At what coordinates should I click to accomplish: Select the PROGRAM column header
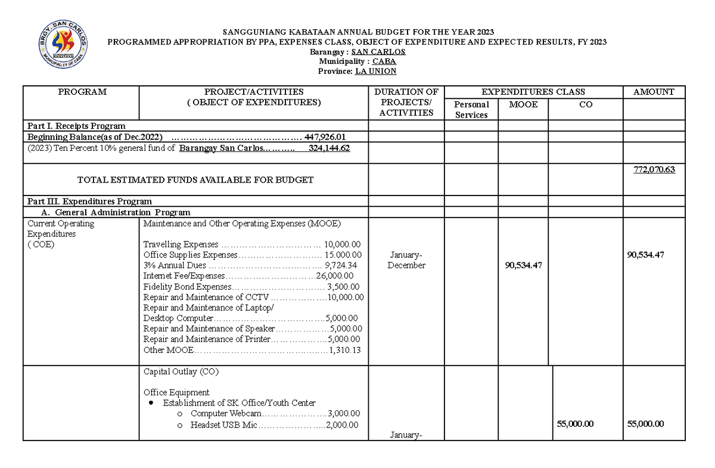click(82, 92)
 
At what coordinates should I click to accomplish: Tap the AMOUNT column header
click(654, 92)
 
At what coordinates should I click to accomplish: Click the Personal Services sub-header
click(471, 110)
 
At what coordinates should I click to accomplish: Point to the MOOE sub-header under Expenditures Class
click(523, 104)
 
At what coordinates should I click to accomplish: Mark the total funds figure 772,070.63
click(654, 170)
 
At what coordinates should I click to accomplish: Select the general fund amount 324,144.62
click(329, 148)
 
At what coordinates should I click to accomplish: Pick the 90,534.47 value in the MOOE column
click(523, 265)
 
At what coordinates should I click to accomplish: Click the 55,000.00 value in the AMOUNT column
click(646, 424)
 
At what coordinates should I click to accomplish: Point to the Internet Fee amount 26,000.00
click(335, 276)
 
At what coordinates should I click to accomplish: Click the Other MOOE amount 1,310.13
click(344, 350)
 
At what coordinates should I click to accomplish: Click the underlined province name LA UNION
click(375, 71)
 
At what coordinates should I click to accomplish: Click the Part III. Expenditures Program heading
click(89, 202)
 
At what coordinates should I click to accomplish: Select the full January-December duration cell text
click(406, 261)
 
